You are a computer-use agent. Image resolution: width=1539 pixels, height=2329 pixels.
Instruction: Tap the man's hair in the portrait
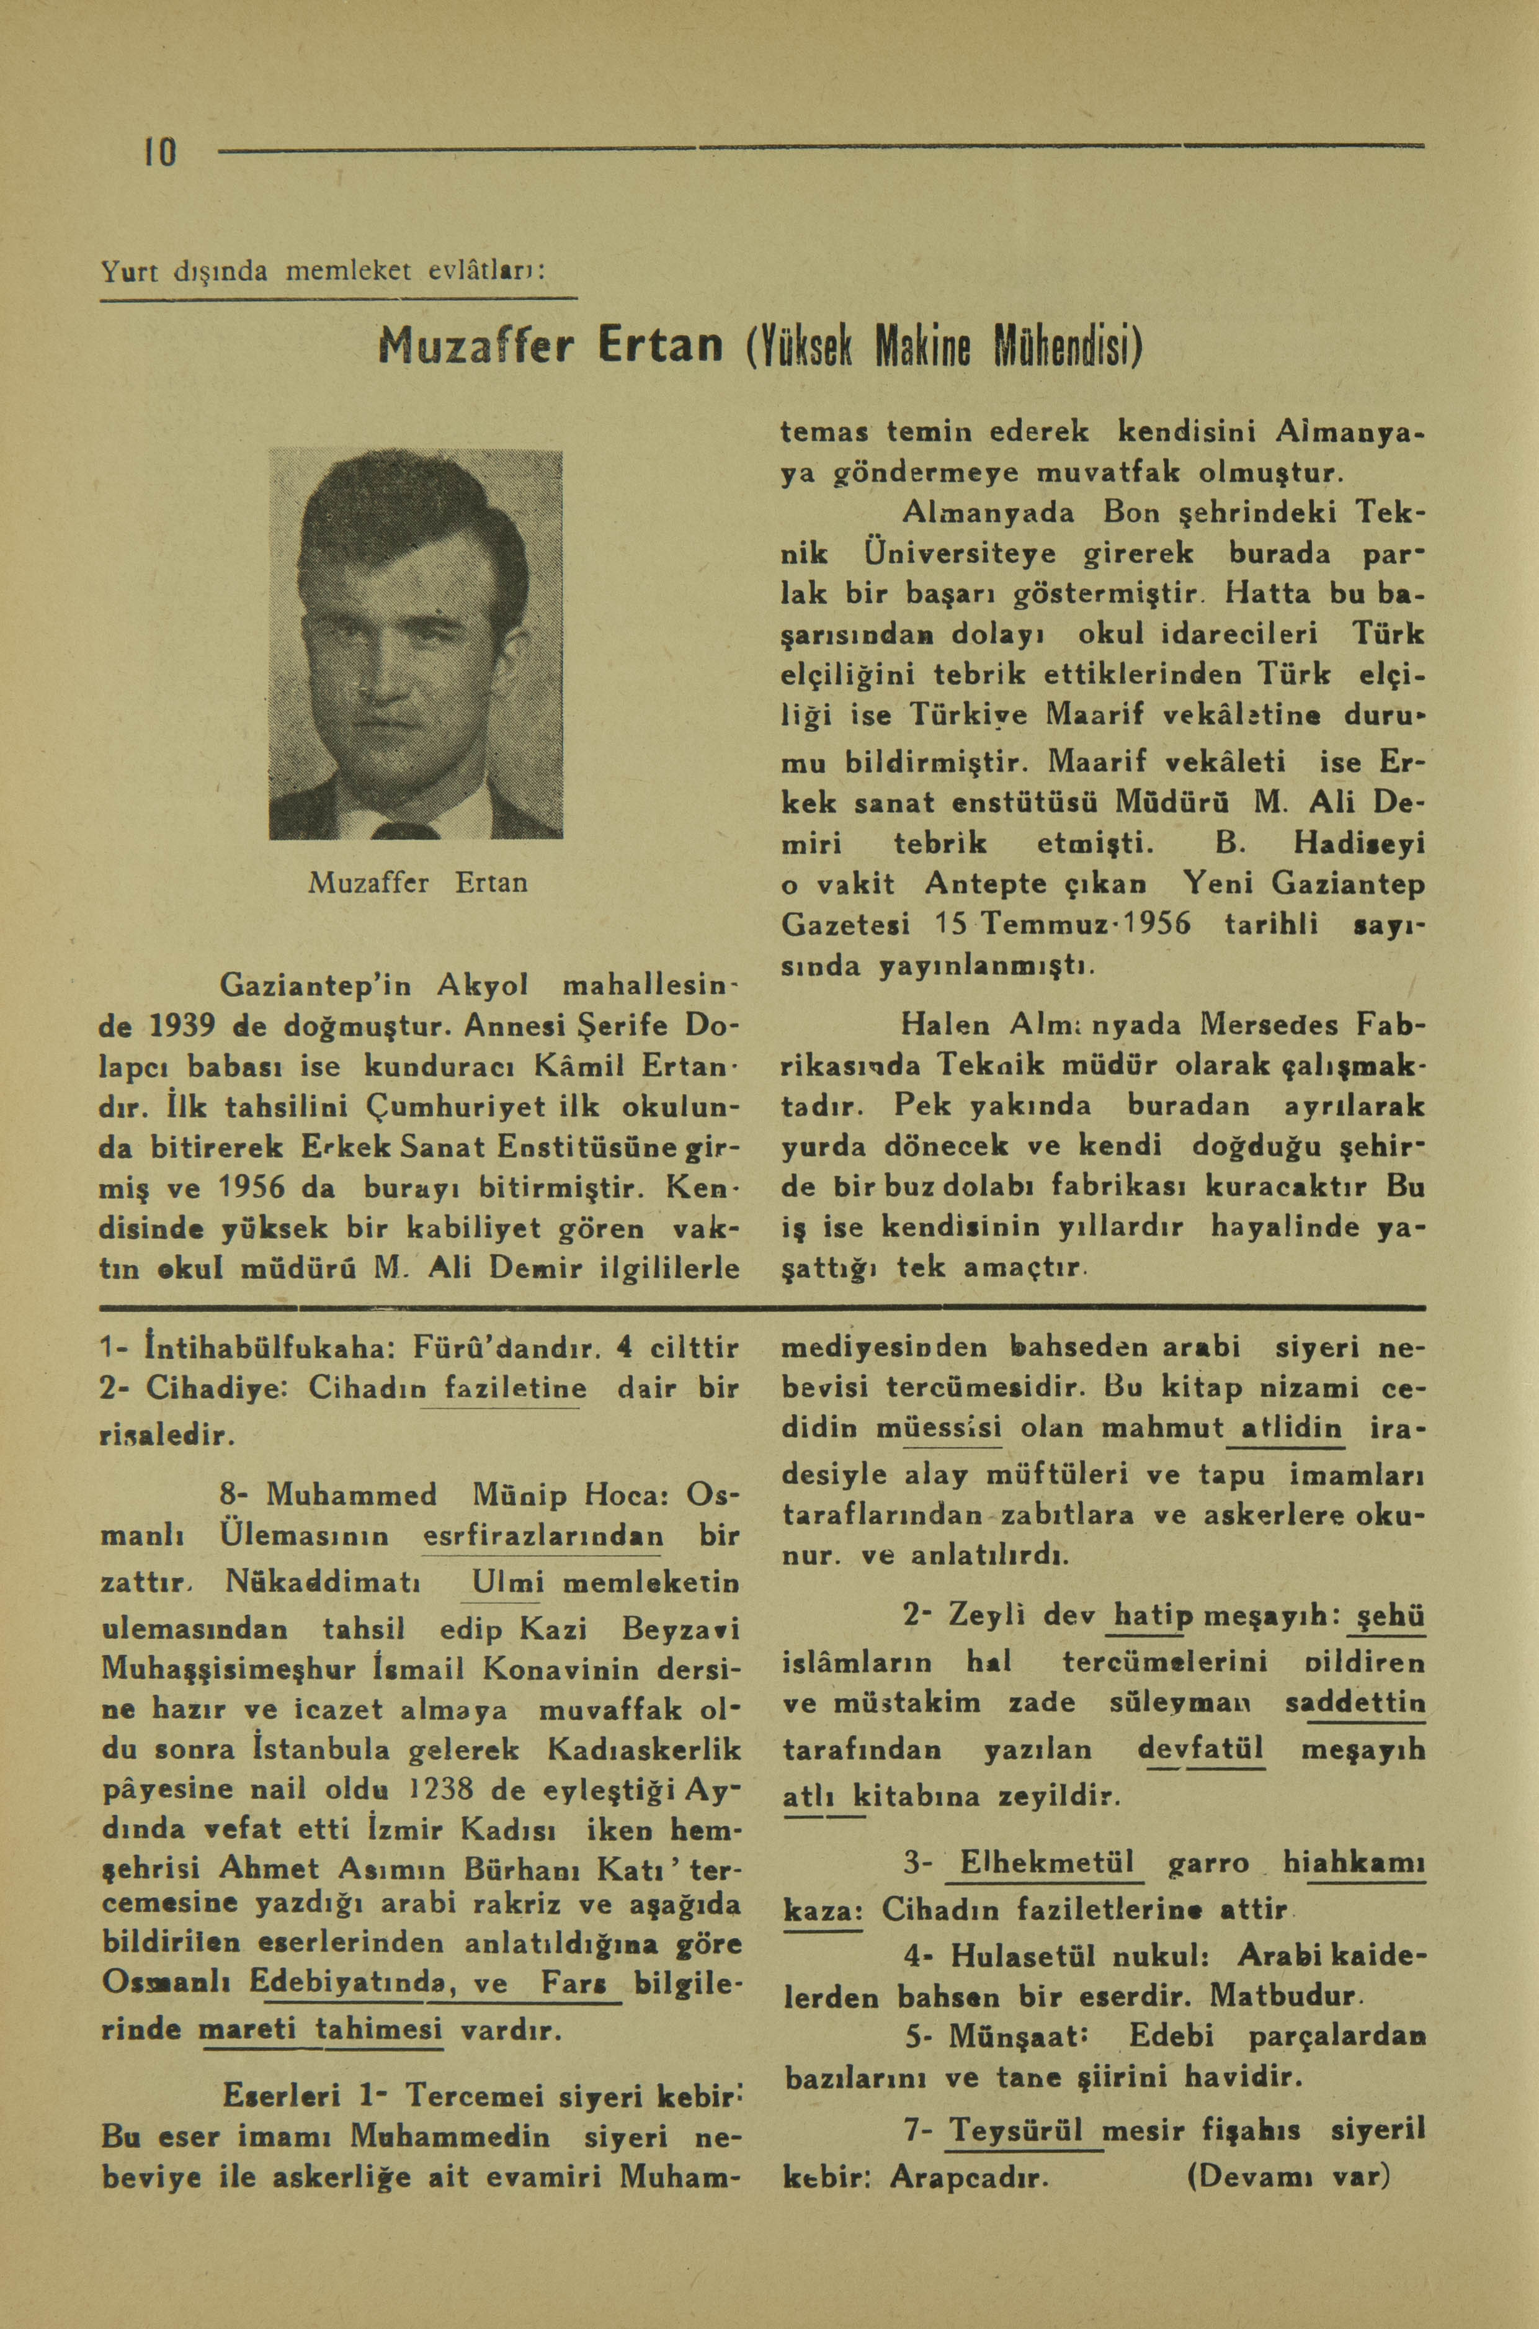(413, 511)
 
